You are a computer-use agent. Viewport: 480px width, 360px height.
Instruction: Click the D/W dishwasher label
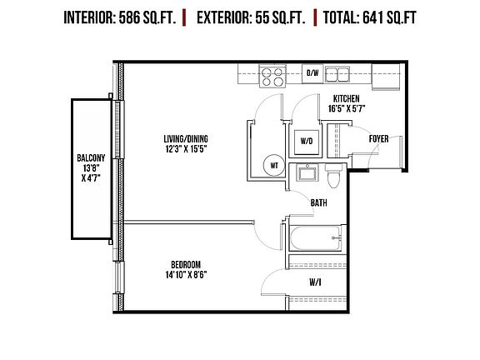[x=312, y=73]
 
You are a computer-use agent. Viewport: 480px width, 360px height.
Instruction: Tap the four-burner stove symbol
[x=272, y=77]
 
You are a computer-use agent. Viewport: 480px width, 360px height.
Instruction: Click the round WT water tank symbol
[x=272, y=165]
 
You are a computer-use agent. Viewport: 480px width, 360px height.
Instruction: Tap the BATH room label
[x=318, y=202]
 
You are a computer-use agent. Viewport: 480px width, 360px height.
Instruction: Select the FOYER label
[x=380, y=138]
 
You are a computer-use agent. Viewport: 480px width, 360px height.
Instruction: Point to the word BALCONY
[x=91, y=157]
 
